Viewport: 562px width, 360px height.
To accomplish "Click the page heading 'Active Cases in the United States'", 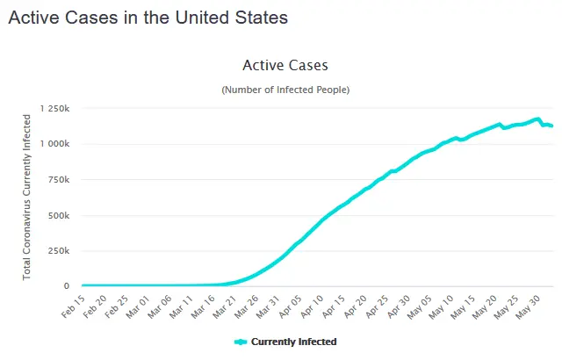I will coord(148,17).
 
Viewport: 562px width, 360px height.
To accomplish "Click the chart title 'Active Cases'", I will coord(285,66).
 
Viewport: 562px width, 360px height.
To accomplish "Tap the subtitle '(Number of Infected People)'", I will coord(285,90).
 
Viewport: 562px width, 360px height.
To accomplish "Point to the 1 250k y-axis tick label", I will coord(54,108).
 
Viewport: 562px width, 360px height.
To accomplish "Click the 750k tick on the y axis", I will coord(59,179).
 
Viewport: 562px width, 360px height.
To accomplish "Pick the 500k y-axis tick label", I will coord(59,215).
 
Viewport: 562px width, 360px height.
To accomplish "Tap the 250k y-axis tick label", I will coord(59,250).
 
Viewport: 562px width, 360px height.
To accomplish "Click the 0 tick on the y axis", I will coord(67,286).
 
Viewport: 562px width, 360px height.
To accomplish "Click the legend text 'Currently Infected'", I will coord(294,342).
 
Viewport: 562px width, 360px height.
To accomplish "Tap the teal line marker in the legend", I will coord(241,342).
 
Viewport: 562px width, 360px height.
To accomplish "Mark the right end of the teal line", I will coord(551,126).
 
